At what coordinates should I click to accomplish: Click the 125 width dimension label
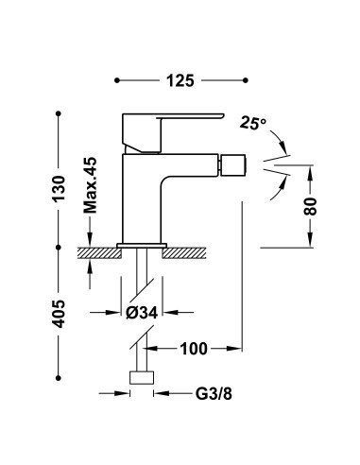(180, 80)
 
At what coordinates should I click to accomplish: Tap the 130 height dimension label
(59, 189)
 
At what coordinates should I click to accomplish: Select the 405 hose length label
(59, 314)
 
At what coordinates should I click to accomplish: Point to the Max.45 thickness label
(91, 185)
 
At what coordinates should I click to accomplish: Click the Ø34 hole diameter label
(142, 313)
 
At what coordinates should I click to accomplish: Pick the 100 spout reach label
(194, 349)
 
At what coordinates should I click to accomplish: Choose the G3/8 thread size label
(214, 393)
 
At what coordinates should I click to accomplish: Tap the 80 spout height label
(310, 206)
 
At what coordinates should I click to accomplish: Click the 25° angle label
(252, 123)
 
